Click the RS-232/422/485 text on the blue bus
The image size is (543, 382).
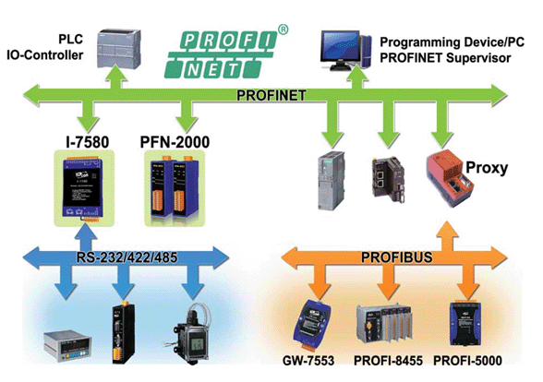121,254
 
